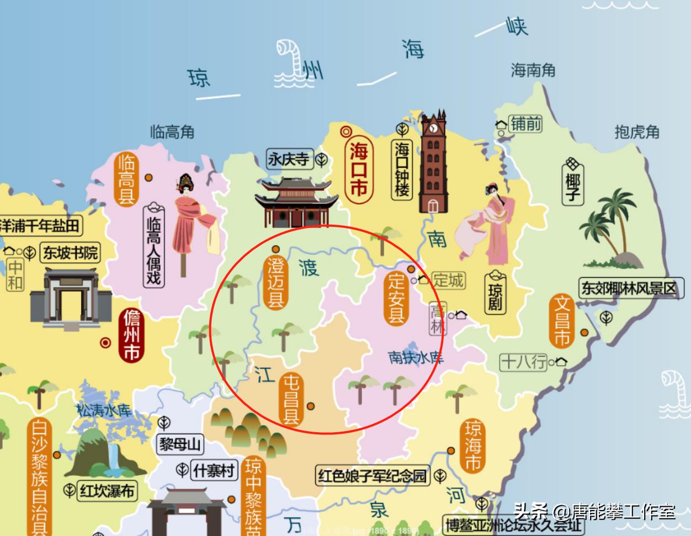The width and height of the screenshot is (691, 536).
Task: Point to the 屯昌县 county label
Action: (x=291, y=399)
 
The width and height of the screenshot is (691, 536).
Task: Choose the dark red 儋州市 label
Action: (x=131, y=335)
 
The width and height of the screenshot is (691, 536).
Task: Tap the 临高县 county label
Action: (x=126, y=179)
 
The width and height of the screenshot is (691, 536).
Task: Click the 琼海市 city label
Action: (x=472, y=445)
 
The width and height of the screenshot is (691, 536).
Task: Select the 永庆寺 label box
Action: (x=289, y=160)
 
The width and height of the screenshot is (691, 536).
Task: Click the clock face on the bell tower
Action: (x=434, y=128)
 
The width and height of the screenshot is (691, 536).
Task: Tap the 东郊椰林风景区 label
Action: (x=628, y=289)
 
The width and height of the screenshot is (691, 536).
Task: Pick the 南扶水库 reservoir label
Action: (x=416, y=357)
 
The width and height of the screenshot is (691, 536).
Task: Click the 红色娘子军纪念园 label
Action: (x=373, y=475)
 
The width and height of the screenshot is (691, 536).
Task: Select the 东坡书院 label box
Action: (x=70, y=253)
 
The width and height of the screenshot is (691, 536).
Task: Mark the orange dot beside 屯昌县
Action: (x=311, y=406)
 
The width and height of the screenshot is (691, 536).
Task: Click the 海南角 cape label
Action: (x=533, y=70)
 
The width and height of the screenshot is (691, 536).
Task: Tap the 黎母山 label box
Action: (x=181, y=444)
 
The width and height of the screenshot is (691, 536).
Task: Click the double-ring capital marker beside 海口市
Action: (x=346, y=131)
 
